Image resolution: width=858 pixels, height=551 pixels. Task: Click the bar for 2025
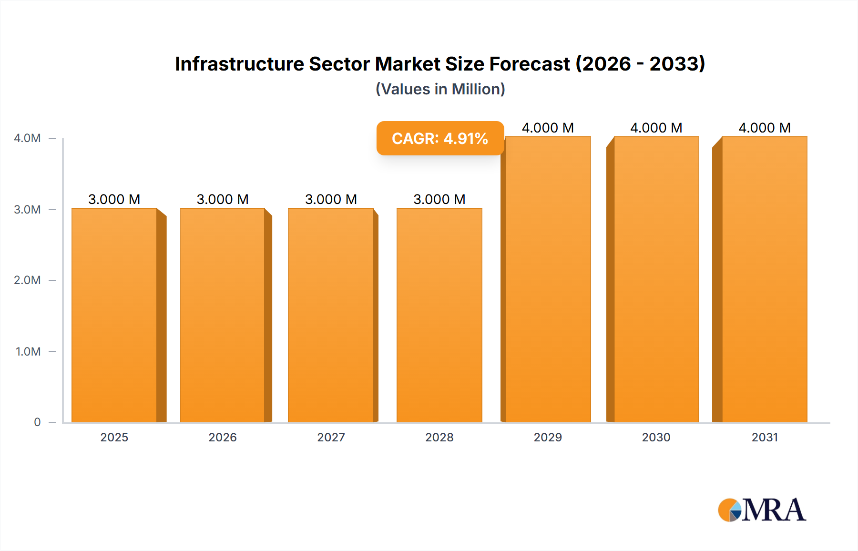(x=114, y=315)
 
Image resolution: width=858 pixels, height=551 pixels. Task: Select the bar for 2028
(x=439, y=315)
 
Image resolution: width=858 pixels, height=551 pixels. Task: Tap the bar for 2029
(x=548, y=279)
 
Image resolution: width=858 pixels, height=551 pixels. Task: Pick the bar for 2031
(x=764, y=279)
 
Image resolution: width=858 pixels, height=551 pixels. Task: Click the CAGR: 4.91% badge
(x=440, y=138)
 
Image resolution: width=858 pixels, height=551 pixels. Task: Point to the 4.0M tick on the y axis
(x=27, y=138)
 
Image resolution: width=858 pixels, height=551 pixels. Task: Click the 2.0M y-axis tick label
(x=27, y=280)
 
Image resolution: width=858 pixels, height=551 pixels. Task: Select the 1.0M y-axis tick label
(x=28, y=351)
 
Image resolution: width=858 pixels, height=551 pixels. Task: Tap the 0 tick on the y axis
(x=37, y=422)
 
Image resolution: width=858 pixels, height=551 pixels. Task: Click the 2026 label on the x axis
(x=223, y=437)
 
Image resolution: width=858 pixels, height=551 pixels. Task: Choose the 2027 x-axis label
(x=331, y=437)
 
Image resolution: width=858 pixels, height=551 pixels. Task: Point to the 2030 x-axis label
(x=656, y=437)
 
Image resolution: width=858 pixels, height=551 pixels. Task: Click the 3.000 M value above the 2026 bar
(x=223, y=199)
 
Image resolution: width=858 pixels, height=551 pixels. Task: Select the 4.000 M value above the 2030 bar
(x=656, y=128)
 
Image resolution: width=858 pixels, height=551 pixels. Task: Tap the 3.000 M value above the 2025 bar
(x=114, y=199)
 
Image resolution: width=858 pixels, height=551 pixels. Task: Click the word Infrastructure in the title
(x=239, y=64)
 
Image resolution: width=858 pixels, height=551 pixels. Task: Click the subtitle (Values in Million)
(x=440, y=89)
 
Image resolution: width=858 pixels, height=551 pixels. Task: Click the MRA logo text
(x=774, y=510)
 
